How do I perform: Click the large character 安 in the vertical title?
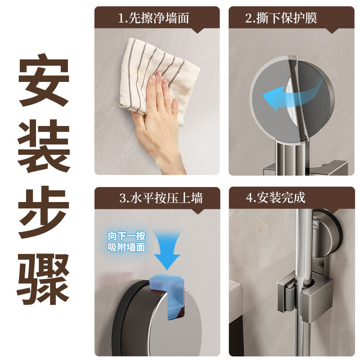(x=44, y=80)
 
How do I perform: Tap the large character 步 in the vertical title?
(x=44, y=212)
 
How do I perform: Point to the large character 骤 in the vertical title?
(x=43, y=279)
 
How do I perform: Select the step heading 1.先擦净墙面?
(x=153, y=18)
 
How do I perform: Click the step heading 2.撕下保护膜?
(x=281, y=18)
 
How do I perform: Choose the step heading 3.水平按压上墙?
(x=161, y=198)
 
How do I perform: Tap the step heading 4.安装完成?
(x=275, y=198)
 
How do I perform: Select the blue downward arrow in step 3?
(x=167, y=250)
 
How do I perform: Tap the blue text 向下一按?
(x=126, y=236)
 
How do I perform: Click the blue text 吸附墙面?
(x=126, y=247)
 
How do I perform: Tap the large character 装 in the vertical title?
(x=44, y=146)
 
